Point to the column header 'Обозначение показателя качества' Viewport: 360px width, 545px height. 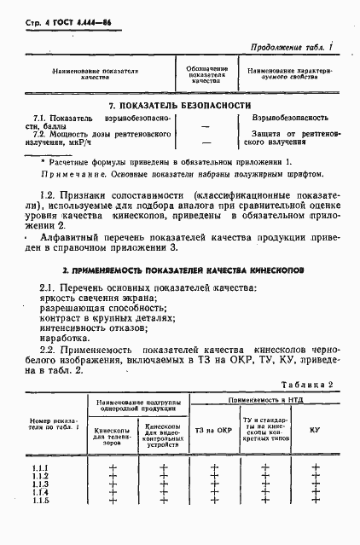coord(207,75)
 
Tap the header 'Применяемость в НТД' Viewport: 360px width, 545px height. coord(263,400)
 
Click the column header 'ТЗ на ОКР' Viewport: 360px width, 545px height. coord(214,430)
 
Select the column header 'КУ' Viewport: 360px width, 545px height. coord(314,430)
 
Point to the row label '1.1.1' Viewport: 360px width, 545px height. coord(40,468)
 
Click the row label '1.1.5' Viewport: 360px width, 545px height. coord(40,499)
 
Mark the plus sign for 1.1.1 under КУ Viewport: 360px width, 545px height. coord(315,468)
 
